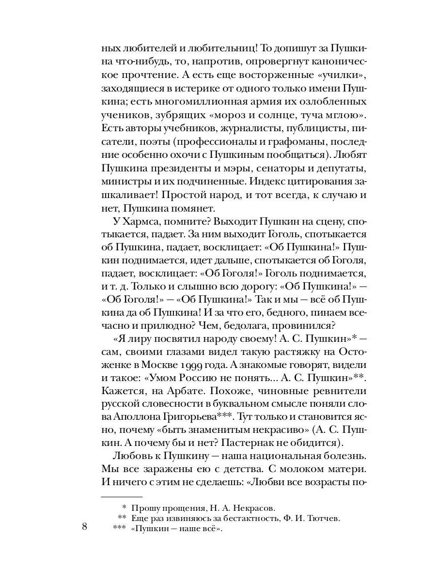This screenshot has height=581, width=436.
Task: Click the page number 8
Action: (85, 527)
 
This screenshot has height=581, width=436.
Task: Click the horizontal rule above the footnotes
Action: (122, 496)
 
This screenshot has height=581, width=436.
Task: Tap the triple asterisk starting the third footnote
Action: (119, 528)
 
